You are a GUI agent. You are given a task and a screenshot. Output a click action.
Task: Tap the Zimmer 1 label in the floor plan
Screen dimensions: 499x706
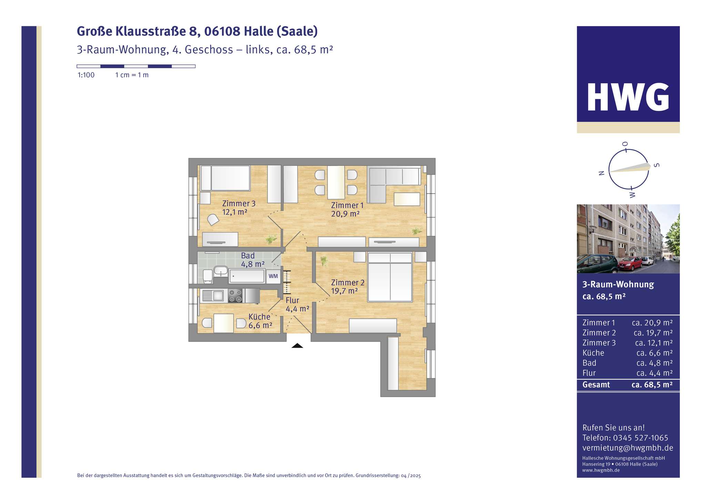coord(347,205)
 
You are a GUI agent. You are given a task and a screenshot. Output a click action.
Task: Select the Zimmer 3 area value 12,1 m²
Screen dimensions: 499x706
coord(234,212)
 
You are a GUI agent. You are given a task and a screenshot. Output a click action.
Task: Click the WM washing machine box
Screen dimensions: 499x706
coord(273,276)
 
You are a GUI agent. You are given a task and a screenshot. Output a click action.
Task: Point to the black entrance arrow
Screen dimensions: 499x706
coord(297,346)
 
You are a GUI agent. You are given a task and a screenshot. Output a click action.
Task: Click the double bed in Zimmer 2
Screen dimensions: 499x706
coord(390,277)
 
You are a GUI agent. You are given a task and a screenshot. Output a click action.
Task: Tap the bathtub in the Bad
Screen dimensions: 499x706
coord(247,276)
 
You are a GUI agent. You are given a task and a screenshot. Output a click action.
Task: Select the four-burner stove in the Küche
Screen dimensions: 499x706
coord(235,296)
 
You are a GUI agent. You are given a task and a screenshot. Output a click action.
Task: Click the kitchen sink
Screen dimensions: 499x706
coord(213,296)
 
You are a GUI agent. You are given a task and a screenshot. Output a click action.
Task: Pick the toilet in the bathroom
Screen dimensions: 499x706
coord(208,276)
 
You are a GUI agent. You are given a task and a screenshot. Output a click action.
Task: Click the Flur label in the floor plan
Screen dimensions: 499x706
coord(292,300)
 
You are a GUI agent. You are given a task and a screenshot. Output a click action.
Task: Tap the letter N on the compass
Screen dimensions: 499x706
coord(602,173)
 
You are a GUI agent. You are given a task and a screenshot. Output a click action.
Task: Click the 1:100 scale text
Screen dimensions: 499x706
coord(86,75)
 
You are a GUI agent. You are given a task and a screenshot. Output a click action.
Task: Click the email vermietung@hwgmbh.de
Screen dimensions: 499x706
coord(627,448)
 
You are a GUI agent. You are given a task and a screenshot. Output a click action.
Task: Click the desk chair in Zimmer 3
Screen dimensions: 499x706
coord(213,220)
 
